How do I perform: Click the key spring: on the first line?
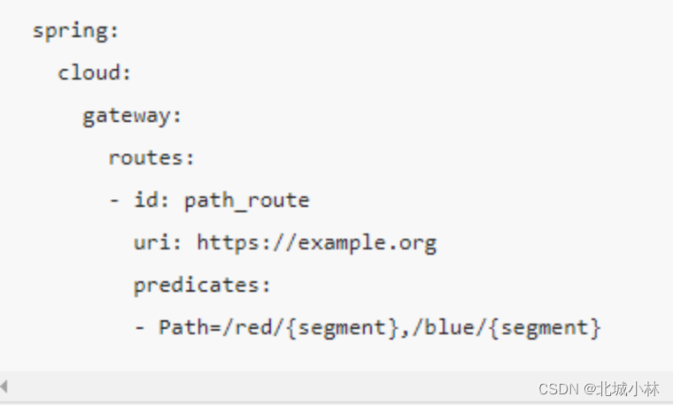pyautogui.click(x=75, y=31)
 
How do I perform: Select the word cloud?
pyautogui.click(x=94, y=73)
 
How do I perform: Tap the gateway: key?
pyautogui.click(x=131, y=116)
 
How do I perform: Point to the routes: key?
pyautogui.click(x=151, y=158)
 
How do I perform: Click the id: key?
pyautogui.click(x=151, y=201)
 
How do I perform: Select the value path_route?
pyautogui.click(x=246, y=201)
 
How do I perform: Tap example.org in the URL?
pyautogui.click(x=367, y=242)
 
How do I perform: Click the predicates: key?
pyautogui.click(x=201, y=285)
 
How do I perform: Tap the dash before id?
pyautogui.click(x=114, y=201)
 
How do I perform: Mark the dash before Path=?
pyautogui.click(x=140, y=327)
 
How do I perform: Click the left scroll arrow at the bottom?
pyautogui.click(x=4, y=386)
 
